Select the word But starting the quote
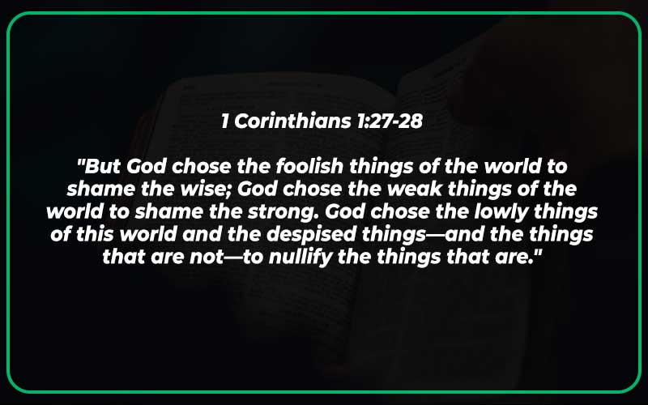[103, 168]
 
